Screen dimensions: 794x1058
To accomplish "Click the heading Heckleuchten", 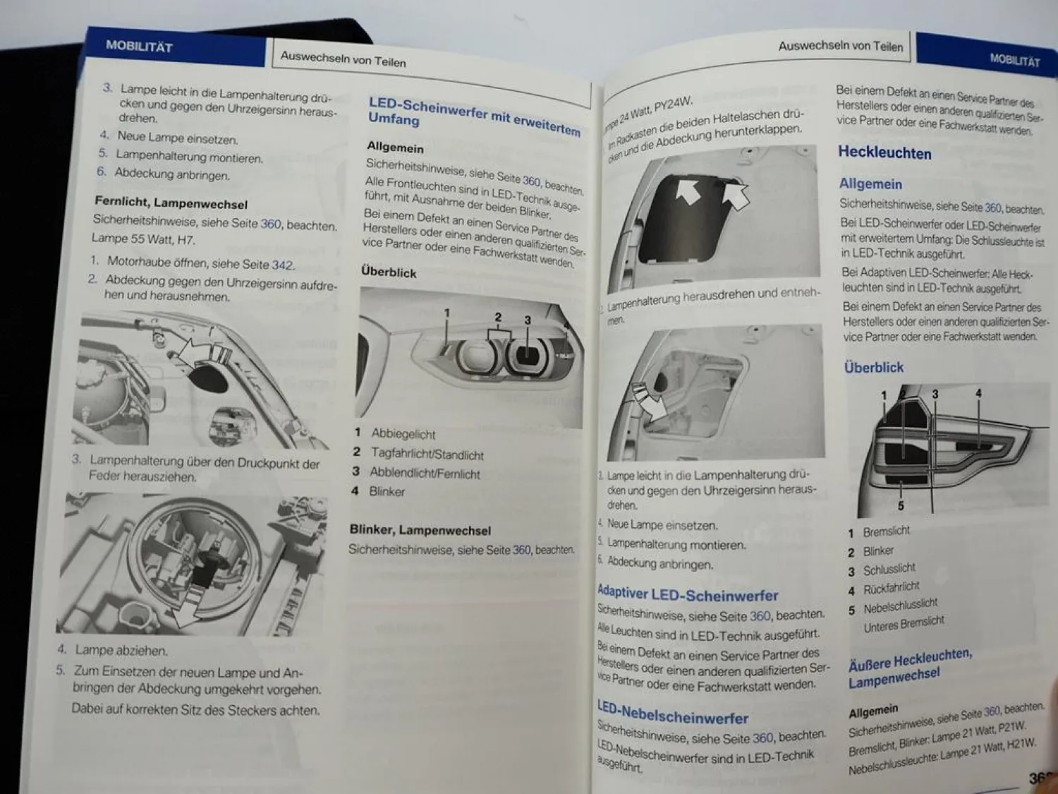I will pos(884,152).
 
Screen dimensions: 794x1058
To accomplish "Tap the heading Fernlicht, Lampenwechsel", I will pos(171,203).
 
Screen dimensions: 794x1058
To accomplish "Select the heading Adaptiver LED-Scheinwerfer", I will pos(688,594).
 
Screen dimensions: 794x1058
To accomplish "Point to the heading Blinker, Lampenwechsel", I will pos(420,530).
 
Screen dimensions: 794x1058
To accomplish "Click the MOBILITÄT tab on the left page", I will pos(139,47).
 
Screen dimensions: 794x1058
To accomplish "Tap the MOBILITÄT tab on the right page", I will pos(1014,60).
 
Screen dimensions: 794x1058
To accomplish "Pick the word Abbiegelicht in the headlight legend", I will pos(403,434).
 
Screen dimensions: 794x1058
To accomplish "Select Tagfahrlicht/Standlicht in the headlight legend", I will pos(427,455).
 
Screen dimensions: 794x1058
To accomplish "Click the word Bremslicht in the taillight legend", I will pos(887,531).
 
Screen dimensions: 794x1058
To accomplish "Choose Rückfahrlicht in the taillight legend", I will pos(892,588).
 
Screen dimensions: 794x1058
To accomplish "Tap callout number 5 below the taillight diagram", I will pos(901,505).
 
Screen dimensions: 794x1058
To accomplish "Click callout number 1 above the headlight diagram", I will pos(446,313).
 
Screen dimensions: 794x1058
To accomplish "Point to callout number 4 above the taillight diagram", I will pos(978,393).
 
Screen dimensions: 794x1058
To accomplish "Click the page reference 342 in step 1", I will pos(282,265).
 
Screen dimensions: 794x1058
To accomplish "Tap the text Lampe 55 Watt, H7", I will pos(143,239).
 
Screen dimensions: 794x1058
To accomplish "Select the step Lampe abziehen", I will pos(121,650).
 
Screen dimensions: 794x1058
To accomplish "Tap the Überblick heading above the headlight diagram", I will pos(389,272).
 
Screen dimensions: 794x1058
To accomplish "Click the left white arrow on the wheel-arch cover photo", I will pos(688,191).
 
